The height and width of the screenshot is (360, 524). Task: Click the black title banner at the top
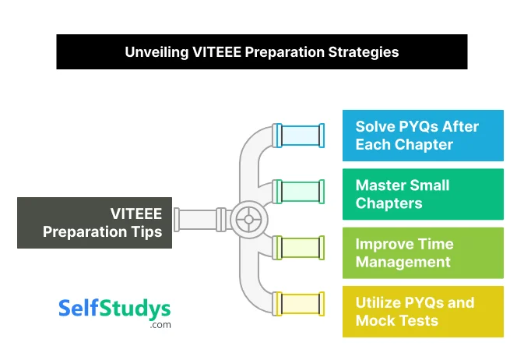[x=262, y=52]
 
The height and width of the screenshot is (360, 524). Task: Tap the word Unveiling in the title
[x=154, y=52]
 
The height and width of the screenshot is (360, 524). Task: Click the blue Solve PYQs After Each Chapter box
[x=423, y=136]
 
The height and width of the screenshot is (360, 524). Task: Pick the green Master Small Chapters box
[x=423, y=194]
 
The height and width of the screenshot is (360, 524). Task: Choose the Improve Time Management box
[x=423, y=252]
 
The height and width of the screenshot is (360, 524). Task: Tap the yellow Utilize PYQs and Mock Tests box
[x=423, y=312]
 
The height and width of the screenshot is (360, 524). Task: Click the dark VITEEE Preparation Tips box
[x=94, y=222]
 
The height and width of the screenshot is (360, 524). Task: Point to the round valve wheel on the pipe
[x=248, y=219]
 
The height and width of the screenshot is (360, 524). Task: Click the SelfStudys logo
[x=114, y=309]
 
